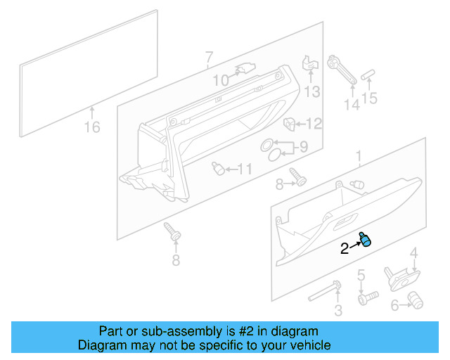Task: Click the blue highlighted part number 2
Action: pos(366,240)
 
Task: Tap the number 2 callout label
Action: pos(345,248)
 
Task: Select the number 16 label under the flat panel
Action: pos(92,127)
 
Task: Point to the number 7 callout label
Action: pos(208,56)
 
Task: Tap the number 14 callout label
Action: pos(351,105)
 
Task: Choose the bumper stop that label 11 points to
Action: pos(219,168)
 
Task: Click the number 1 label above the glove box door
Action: pos(358,155)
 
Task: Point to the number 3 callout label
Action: pos(338,310)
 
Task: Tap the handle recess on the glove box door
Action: pos(347,224)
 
